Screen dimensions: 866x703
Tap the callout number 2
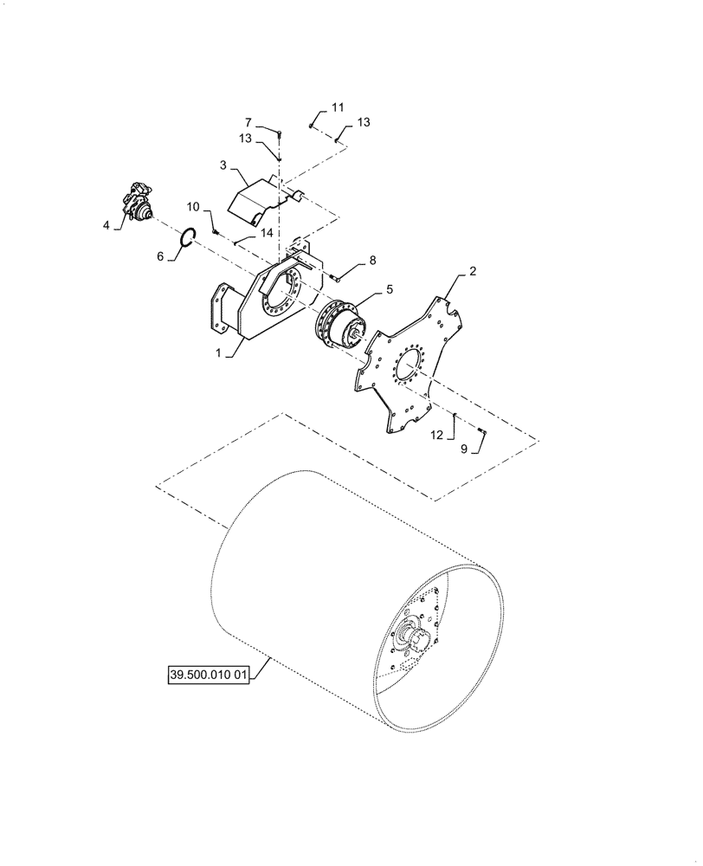(473, 271)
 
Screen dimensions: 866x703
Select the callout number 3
(223, 165)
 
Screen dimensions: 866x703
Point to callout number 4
(106, 225)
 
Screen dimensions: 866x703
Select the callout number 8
(372, 259)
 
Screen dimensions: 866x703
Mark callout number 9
(464, 449)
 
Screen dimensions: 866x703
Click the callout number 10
(193, 207)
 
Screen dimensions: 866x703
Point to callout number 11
(338, 107)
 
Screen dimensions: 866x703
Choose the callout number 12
(438, 436)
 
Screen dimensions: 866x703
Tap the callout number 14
(266, 233)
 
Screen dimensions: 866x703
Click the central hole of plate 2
(410, 367)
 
